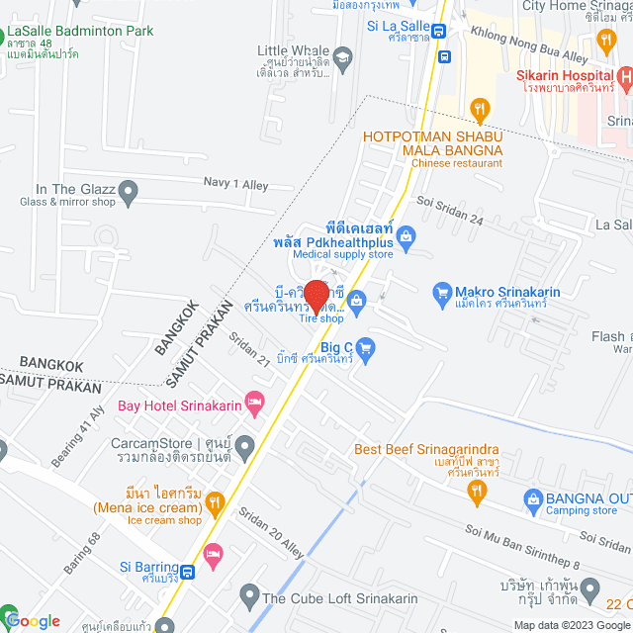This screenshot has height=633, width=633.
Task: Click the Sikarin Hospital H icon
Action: tap(623, 76)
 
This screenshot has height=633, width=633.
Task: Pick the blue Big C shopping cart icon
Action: tap(364, 347)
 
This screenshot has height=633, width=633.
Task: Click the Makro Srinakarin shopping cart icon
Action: tap(442, 292)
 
